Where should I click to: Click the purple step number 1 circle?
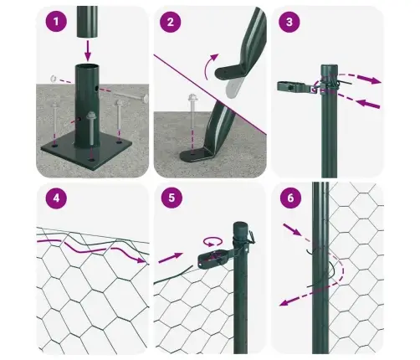tap(56, 22)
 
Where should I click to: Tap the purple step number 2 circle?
tap(171, 22)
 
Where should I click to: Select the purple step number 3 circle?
tap(289, 22)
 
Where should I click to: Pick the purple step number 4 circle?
tap(56, 198)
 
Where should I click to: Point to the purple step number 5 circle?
tap(172, 198)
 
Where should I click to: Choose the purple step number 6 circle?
tap(290, 198)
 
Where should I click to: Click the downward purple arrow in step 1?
tap(88, 51)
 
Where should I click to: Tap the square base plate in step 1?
tap(86, 151)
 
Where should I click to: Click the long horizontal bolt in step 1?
tap(131, 97)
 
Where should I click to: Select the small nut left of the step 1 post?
tap(54, 79)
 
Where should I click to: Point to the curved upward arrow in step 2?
tap(210, 66)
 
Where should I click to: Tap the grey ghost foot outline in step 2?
tap(233, 87)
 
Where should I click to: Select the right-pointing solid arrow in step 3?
tap(370, 79)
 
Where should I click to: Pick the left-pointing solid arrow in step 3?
tap(368, 104)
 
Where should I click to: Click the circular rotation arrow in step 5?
tap(213, 242)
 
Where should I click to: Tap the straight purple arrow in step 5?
tap(171, 257)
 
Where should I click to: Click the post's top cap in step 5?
tap(240, 228)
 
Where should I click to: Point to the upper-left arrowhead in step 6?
tap(297, 232)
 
